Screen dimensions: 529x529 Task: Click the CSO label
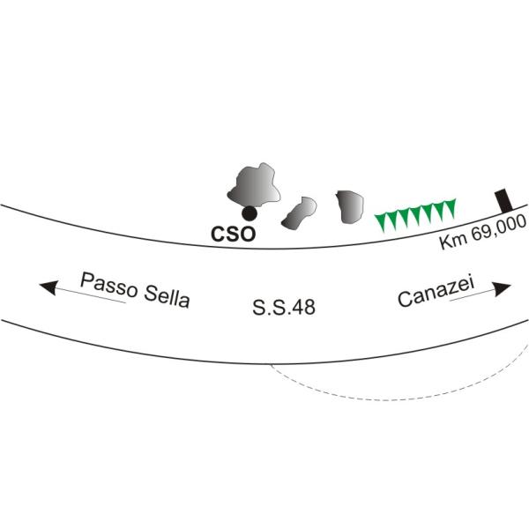tap(234, 235)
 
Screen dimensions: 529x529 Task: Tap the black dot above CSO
tap(250, 213)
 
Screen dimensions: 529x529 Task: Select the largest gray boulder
tap(251, 185)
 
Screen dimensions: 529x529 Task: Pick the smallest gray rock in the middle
tap(299, 212)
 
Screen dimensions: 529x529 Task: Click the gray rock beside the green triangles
tap(350, 205)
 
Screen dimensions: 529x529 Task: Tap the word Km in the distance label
tap(451, 240)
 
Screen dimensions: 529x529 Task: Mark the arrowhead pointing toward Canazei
tap(503, 289)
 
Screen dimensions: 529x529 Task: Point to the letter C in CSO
tap(220, 235)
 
